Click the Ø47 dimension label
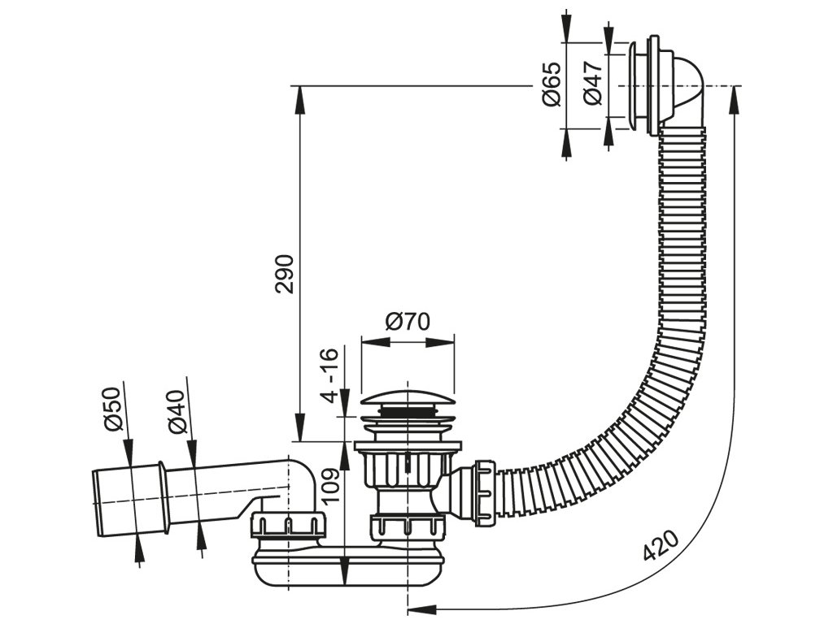click(593, 84)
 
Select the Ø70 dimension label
click(408, 323)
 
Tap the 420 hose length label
click(661, 546)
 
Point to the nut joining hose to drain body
click(483, 489)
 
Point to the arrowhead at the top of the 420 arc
click(735, 94)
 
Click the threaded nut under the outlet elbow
click(288, 526)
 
